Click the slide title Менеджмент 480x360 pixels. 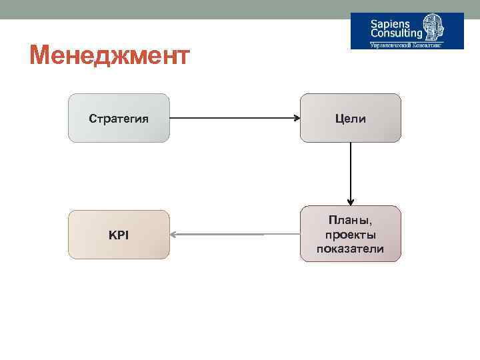click(x=110, y=55)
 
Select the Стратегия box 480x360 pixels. click(x=119, y=118)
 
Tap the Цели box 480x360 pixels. click(x=351, y=118)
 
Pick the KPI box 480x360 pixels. click(x=119, y=235)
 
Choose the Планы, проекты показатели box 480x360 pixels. click(x=351, y=234)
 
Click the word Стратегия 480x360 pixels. click(x=119, y=119)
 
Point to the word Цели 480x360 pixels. click(x=351, y=119)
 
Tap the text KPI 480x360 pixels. click(x=119, y=235)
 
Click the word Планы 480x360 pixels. click(x=351, y=221)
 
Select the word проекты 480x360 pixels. click(x=351, y=235)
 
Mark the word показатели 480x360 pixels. click(x=351, y=249)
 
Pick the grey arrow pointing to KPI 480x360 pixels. click(x=217, y=235)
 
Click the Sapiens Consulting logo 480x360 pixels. click(x=407, y=31)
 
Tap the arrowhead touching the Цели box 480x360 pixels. click(x=297, y=119)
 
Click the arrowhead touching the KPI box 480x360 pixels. click(x=173, y=235)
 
